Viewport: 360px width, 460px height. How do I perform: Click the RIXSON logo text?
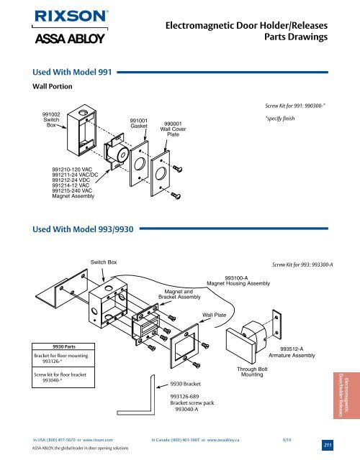click(71, 16)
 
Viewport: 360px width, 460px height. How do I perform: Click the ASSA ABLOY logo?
click(70, 38)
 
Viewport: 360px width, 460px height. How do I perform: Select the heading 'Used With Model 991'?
click(72, 72)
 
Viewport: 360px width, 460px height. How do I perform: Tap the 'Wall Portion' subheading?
click(53, 86)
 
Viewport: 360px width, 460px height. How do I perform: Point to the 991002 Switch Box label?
click(51, 120)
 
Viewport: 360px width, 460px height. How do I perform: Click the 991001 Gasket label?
click(139, 123)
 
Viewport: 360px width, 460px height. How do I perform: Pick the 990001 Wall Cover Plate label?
click(173, 129)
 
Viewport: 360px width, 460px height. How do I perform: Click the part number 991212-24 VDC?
click(71, 180)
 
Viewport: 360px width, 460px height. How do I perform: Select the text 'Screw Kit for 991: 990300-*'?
click(295, 106)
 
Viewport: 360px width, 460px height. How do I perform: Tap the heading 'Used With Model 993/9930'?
click(83, 229)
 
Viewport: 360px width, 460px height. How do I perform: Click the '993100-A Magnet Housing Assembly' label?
click(238, 281)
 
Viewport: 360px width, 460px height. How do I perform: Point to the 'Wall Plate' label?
click(215, 315)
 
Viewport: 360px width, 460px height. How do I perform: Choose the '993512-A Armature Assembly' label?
click(292, 352)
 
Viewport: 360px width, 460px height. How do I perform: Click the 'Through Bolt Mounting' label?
click(252, 372)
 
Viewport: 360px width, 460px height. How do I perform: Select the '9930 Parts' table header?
click(63, 346)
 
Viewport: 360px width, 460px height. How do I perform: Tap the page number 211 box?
click(328, 445)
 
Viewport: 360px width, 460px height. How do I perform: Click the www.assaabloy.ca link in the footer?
click(223, 440)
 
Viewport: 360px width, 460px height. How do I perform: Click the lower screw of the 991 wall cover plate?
click(176, 195)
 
